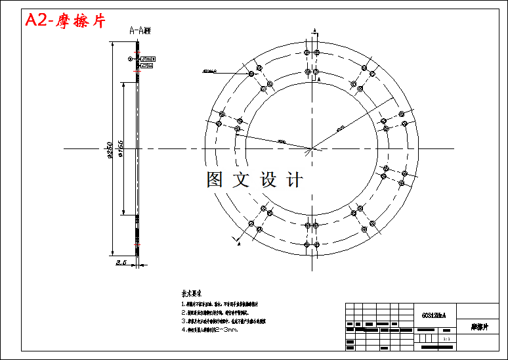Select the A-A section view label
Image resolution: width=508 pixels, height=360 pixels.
[139, 30]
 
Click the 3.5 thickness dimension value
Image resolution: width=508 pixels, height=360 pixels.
[121, 263]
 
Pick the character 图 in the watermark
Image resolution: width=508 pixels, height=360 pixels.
[215, 179]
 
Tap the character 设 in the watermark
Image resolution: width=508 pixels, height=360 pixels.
[269, 179]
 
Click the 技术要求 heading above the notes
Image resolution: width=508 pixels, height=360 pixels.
[192, 294]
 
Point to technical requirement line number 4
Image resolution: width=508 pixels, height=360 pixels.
[210, 330]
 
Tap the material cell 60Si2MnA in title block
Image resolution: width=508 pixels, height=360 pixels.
[433, 315]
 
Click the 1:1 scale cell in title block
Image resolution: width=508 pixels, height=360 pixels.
[446, 340]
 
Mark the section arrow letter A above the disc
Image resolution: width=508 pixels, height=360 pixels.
[314, 31]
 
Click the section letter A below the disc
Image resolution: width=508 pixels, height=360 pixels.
[239, 244]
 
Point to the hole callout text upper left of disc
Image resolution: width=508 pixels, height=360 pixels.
[210, 70]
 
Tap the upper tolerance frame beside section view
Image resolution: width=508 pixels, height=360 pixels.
[147, 58]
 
